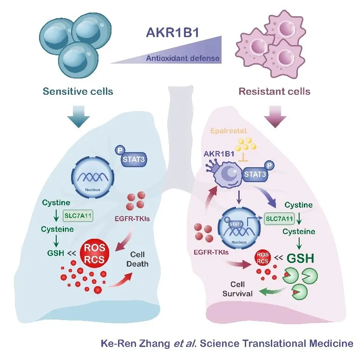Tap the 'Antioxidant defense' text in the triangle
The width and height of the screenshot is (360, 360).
(x=183, y=59)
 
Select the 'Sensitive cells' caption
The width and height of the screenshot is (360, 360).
(x=78, y=91)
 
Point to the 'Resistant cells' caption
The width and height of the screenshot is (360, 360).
(x=275, y=91)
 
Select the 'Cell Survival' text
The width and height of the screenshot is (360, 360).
(x=237, y=288)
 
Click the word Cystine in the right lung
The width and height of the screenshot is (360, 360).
(x=298, y=205)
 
